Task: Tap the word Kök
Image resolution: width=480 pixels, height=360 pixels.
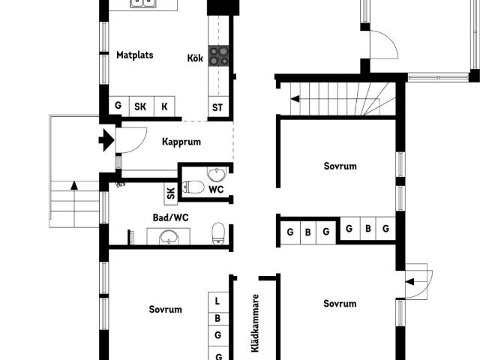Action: pos(195,58)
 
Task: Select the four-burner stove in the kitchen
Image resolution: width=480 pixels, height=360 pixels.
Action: pos(218,54)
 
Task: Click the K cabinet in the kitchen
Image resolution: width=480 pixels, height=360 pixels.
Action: pos(164,106)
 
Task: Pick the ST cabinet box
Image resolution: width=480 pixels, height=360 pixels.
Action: pos(217,106)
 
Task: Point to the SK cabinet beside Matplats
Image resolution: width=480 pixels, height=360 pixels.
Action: pos(140,106)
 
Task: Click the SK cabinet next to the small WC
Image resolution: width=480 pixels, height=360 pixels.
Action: pos(170,193)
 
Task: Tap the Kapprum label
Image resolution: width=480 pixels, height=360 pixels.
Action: pos(181,141)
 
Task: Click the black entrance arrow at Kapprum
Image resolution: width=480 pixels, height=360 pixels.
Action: pos(106,139)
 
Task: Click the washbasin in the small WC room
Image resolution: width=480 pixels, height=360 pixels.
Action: pos(216,175)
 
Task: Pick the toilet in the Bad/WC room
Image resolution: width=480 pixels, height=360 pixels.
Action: pos(218,232)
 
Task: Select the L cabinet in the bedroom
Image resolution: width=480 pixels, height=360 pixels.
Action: pos(217,301)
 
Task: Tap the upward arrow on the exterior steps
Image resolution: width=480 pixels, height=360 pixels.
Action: pos(73,185)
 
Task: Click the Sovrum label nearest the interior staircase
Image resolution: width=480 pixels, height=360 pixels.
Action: pos(340,166)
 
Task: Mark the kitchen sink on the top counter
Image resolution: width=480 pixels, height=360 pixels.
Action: pos(145,4)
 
